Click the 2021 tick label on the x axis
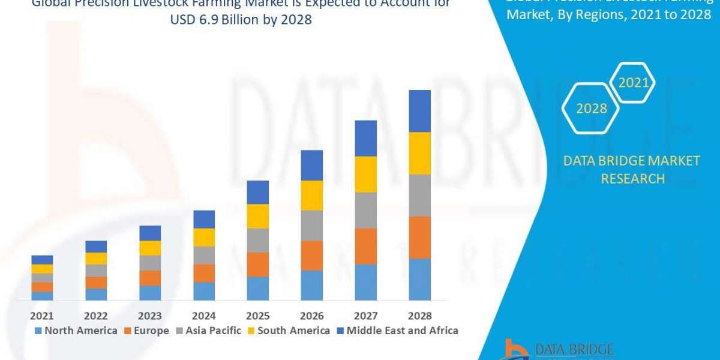[x=42, y=316]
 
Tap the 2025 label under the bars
[x=258, y=316]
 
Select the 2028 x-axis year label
[x=419, y=316]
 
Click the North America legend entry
[x=76, y=331]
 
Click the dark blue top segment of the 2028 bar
[x=419, y=111]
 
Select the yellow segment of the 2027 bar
[x=365, y=174]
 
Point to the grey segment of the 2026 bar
[x=311, y=225]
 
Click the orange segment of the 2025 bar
[x=258, y=264]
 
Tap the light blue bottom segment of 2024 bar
[x=204, y=291]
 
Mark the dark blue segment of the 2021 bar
[x=42, y=259]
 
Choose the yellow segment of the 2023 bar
[x=150, y=248]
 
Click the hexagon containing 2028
[x=591, y=109]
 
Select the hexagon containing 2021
[x=633, y=83]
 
